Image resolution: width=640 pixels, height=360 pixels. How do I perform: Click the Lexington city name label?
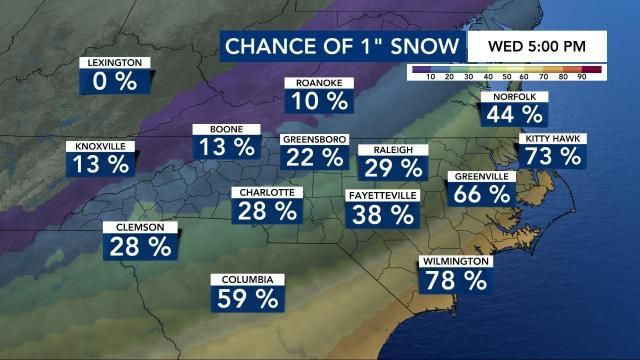116,62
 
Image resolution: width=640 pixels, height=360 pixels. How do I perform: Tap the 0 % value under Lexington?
114,81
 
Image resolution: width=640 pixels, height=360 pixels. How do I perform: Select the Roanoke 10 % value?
320,101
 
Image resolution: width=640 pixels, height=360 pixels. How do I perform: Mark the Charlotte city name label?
267,192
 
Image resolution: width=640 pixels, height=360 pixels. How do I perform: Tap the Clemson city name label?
140,227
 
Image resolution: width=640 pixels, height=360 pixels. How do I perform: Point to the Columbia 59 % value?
246,297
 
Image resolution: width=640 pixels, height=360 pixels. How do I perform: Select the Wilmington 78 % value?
455,280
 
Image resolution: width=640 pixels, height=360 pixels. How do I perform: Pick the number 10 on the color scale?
430,77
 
